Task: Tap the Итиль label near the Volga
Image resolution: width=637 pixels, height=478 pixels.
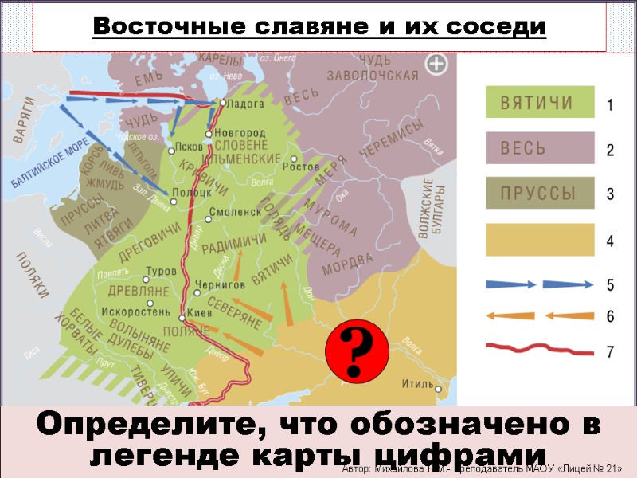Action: [x=417, y=384]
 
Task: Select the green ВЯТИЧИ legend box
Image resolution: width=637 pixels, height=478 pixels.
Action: [x=540, y=104]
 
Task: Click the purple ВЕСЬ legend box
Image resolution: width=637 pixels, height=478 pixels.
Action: [x=540, y=148]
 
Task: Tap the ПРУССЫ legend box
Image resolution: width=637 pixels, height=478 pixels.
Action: [x=540, y=194]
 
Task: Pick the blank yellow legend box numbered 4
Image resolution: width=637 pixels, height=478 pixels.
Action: [x=540, y=240]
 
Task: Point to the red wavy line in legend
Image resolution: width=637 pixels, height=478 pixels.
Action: [x=540, y=349]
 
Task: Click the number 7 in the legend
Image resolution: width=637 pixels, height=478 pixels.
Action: [x=610, y=349]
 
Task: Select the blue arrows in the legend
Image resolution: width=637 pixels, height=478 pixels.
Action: [x=540, y=284]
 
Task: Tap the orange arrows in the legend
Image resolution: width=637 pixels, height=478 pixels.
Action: [x=540, y=315]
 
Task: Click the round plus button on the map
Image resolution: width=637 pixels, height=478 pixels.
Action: [x=436, y=65]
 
